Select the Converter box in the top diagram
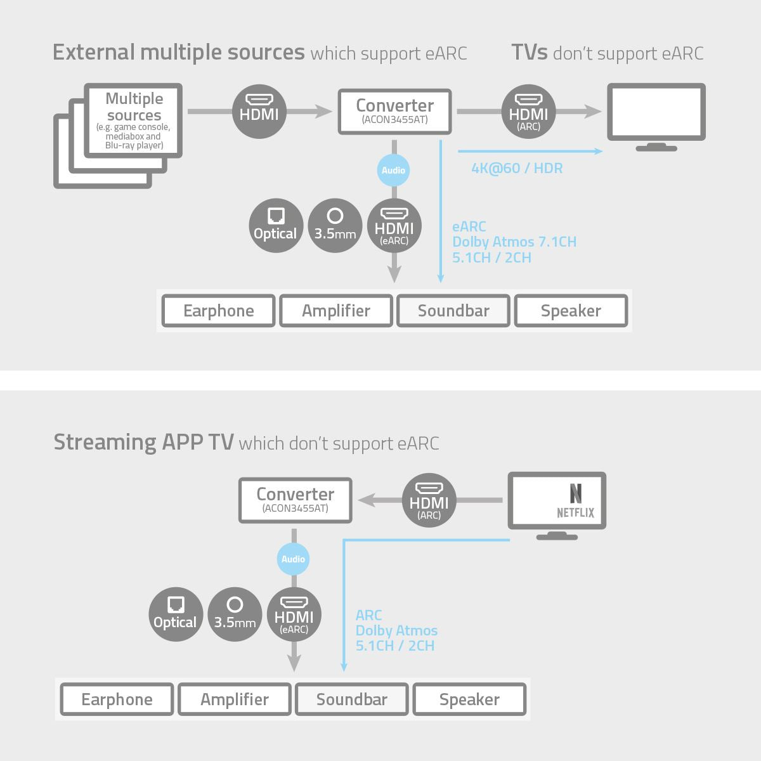click(x=394, y=111)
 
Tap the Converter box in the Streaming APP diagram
click(x=295, y=500)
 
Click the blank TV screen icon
click(x=656, y=112)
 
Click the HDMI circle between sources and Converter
click(x=259, y=112)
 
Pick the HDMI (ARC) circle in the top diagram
click(x=528, y=112)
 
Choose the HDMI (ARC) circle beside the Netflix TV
click(x=429, y=500)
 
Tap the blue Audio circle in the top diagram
click(x=393, y=170)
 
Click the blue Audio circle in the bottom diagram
click(x=293, y=559)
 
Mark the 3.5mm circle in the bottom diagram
click(x=235, y=614)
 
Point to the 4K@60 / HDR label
click(x=517, y=168)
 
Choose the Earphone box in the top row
click(x=219, y=311)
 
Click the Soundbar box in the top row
click(x=453, y=311)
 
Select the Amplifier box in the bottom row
click(x=235, y=699)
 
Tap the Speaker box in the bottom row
click(x=469, y=699)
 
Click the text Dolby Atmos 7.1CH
click(x=514, y=242)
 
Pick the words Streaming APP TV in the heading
click(x=143, y=441)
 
